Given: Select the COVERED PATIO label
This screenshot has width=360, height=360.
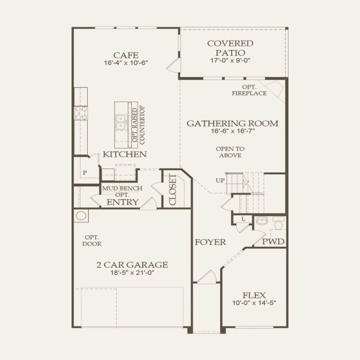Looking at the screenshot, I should point(230,47).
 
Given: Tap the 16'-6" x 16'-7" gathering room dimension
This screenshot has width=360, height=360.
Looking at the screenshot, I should point(232,133).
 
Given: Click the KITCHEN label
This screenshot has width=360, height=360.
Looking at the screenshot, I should point(125,155).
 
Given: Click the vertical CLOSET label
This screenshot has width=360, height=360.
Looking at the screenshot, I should point(173,190).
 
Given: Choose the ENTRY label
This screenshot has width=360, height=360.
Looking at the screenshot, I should point(122,202).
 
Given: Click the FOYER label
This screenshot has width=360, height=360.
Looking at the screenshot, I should point(210,242).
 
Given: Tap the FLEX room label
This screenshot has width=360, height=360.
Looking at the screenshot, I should point(254,295).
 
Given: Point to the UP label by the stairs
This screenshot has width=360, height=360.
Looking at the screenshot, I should point(220,181).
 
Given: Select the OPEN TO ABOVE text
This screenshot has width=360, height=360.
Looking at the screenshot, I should point(230,151).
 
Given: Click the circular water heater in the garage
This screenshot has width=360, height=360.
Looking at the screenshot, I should point(80,216).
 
